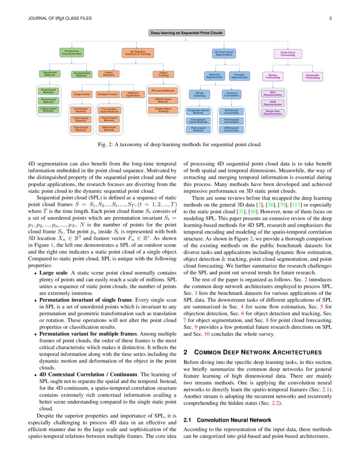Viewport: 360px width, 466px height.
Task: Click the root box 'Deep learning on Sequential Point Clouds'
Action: pos(186,33)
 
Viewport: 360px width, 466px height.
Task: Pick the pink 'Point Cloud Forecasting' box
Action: pos(288,53)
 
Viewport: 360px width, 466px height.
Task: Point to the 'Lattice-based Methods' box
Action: pos(49,110)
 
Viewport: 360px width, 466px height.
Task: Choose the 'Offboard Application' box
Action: pos(133,94)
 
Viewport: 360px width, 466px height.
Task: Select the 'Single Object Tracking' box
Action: pos(163,110)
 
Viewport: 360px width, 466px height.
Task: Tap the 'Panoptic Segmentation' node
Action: pos(239,76)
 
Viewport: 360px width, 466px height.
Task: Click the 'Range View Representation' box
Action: pos(273,113)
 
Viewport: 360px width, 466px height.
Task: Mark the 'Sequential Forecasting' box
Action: pos(313,77)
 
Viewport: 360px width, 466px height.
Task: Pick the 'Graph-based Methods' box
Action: pos(109,119)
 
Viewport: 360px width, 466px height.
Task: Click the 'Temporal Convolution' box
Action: pos(231,94)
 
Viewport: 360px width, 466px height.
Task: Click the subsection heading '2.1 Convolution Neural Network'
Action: pos(227,420)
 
